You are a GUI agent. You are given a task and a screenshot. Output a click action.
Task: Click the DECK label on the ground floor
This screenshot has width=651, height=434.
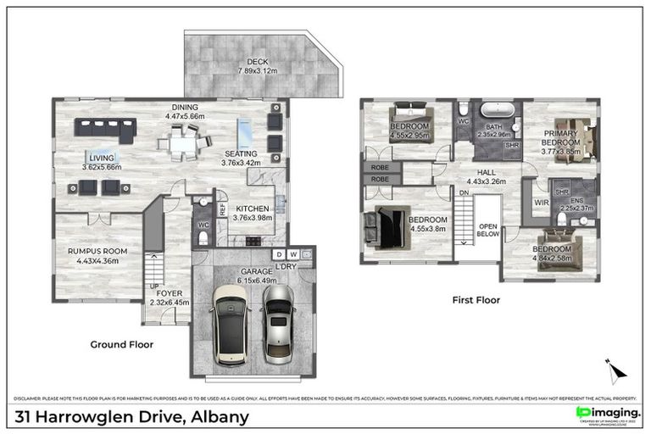pyautogui.click(x=258, y=62)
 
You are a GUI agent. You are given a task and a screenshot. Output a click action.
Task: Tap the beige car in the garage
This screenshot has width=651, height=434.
pyautogui.click(x=229, y=321)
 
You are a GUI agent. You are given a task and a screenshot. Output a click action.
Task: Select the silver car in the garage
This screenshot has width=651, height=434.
pyautogui.click(x=276, y=322)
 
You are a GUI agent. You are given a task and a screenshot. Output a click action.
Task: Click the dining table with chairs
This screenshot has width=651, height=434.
pyautogui.click(x=184, y=142)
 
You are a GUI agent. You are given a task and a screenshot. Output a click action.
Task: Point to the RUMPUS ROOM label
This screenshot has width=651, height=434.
pyautogui.click(x=97, y=251)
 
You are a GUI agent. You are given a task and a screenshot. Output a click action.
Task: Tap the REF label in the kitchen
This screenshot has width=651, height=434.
pyautogui.click(x=222, y=206)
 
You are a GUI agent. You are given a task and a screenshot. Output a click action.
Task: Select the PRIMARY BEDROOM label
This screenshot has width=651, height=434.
pyautogui.click(x=561, y=138)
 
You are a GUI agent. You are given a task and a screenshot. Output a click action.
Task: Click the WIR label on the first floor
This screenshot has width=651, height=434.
pyautogui.click(x=540, y=203)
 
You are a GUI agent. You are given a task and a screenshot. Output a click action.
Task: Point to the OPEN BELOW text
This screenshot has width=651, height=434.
pyautogui.click(x=487, y=231)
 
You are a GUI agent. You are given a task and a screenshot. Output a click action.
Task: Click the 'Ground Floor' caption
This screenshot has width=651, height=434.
pyautogui.click(x=122, y=345)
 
